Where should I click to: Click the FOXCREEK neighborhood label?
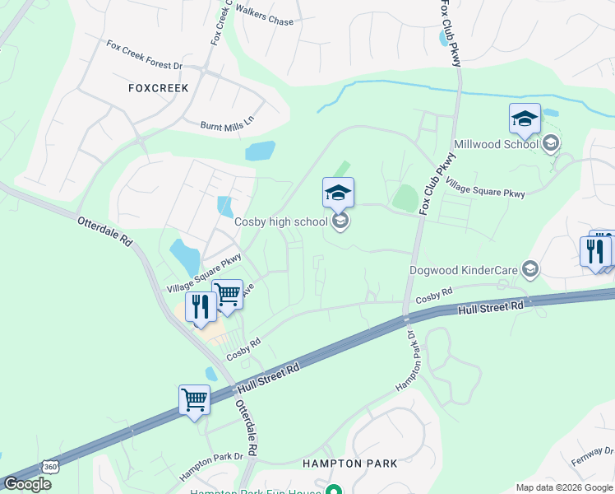(x=159, y=87)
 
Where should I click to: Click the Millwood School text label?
(x=497, y=144)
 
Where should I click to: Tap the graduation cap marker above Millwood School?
(x=525, y=119)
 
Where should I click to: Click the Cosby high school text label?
(x=281, y=221)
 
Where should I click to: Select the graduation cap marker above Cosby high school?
(x=338, y=193)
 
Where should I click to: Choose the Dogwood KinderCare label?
(x=465, y=269)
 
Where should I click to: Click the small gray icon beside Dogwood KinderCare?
(x=530, y=269)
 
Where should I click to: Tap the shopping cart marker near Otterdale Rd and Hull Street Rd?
(x=194, y=401)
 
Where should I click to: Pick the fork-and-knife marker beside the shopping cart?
(x=201, y=307)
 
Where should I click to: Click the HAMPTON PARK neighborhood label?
(x=350, y=464)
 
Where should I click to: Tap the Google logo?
(x=26, y=484)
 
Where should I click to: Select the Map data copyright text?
(x=564, y=487)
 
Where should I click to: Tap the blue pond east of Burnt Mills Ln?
(x=260, y=151)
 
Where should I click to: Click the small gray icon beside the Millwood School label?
(x=551, y=144)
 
